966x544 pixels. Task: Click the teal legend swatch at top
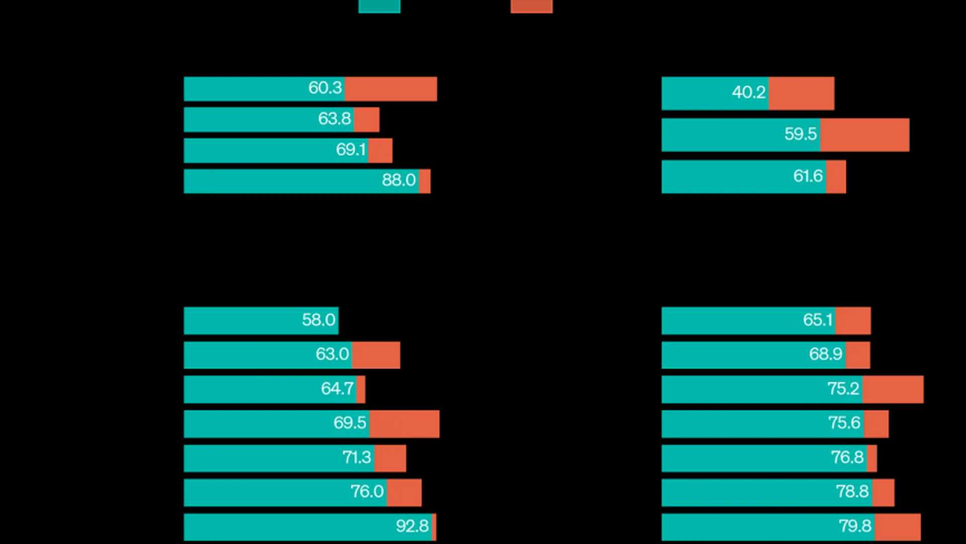tap(379, 6)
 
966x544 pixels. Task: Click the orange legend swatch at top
tap(531, 6)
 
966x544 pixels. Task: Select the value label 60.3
tap(325, 88)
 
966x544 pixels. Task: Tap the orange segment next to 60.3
tap(391, 89)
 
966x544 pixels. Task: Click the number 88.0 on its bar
tap(398, 180)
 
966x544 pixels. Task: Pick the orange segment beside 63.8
tap(367, 120)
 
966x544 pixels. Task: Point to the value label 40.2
tap(749, 93)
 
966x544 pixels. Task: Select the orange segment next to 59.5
tap(865, 135)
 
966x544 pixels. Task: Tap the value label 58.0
tap(318, 320)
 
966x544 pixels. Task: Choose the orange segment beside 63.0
tap(376, 355)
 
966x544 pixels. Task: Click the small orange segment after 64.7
tap(361, 389)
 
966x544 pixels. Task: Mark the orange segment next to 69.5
tap(405, 424)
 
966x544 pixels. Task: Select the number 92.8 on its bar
tap(412, 527)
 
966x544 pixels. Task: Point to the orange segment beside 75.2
tap(893, 389)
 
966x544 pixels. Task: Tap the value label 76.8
tap(847, 458)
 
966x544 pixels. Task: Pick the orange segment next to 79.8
tap(898, 527)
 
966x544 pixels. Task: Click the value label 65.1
tap(818, 320)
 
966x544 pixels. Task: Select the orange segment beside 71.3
tap(390, 458)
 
